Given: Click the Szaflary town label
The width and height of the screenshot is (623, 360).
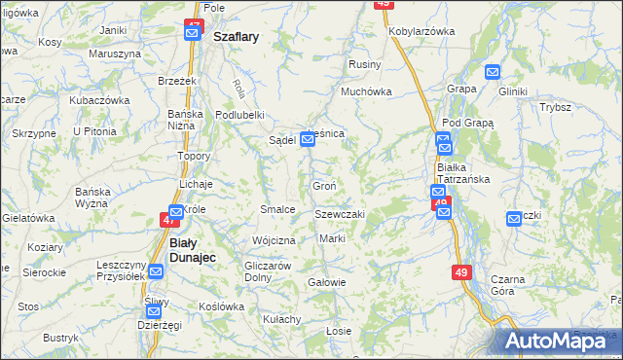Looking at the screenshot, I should (236, 38).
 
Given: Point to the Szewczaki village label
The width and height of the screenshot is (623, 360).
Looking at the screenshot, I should (340, 214).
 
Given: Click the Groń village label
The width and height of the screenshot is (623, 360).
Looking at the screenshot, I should (324, 186).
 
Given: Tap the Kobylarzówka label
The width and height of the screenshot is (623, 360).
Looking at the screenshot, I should (421, 31).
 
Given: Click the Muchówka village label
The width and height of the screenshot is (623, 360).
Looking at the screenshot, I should (365, 92).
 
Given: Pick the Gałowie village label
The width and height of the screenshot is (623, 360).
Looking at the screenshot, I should (326, 283).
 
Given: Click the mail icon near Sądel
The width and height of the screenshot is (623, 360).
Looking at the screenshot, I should (308, 140).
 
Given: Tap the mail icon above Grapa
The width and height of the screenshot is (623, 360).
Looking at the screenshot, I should (493, 71).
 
